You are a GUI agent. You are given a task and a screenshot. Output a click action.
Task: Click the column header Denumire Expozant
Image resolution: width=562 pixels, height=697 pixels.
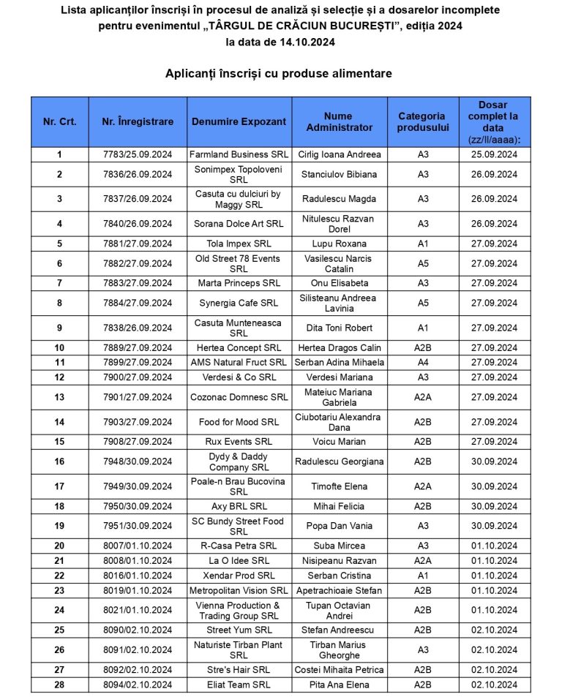[x=239, y=121]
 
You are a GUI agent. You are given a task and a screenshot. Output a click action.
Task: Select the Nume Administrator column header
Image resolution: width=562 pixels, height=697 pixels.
[x=339, y=121]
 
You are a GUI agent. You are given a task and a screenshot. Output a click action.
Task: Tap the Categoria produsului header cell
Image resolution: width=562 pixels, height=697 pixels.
[x=421, y=121]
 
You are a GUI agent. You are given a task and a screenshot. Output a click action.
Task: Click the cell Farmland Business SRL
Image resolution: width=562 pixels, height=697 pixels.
[x=239, y=155]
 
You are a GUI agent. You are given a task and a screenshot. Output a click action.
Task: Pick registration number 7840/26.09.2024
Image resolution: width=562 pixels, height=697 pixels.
[x=138, y=224]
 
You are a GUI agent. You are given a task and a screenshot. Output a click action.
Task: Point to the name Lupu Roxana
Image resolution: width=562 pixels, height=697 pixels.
[x=339, y=244]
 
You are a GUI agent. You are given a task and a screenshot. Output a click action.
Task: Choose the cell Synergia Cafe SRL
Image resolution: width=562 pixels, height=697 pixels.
[x=239, y=303]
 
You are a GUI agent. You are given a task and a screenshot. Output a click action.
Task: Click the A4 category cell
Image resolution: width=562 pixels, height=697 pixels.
[x=423, y=362]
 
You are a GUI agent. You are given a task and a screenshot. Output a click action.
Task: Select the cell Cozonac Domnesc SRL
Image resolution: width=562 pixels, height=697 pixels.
[x=239, y=397]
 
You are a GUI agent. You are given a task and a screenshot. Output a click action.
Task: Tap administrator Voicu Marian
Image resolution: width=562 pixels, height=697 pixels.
[x=339, y=442]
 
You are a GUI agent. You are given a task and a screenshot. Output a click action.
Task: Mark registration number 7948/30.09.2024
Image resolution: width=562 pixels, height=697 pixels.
[x=138, y=461]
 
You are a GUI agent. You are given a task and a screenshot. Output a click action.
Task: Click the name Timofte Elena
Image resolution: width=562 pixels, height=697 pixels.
[x=339, y=486]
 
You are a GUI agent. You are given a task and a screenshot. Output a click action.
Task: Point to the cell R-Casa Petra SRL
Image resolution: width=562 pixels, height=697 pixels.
[x=239, y=546]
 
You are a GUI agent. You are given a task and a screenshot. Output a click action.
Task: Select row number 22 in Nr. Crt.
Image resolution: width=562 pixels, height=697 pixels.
[x=59, y=576]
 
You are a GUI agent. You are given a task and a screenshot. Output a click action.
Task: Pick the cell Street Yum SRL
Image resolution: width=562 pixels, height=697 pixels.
[x=239, y=630]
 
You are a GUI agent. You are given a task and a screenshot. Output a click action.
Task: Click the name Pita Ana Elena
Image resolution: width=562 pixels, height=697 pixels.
[x=339, y=685]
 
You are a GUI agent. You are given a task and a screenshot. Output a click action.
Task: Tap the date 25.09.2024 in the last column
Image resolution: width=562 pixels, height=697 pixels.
[x=494, y=155]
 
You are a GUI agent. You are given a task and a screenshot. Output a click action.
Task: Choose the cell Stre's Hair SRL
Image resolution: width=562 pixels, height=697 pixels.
[x=239, y=669]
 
